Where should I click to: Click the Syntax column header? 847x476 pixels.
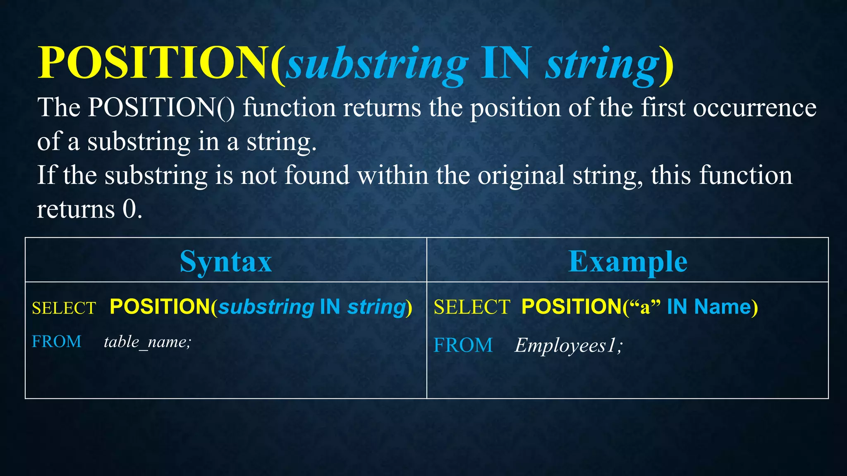tap(226, 262)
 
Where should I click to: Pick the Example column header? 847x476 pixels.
tap(627, 262)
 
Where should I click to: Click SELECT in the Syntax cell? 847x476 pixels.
tap(64, 308)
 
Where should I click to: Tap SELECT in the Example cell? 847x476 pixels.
tap(472, 307)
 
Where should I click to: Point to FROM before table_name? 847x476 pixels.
tap(57, 342)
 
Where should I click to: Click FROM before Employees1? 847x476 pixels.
tap(463, 345)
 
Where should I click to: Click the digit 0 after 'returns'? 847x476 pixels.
tap(129, 209)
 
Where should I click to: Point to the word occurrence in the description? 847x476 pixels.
tap(754, 108)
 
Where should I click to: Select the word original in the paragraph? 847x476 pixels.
tap(521, 175)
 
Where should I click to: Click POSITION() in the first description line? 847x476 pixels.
tap(161, 108)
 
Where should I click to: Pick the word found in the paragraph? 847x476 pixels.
tap(317, 175)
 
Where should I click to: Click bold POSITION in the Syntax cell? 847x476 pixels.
tap(160, 307)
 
